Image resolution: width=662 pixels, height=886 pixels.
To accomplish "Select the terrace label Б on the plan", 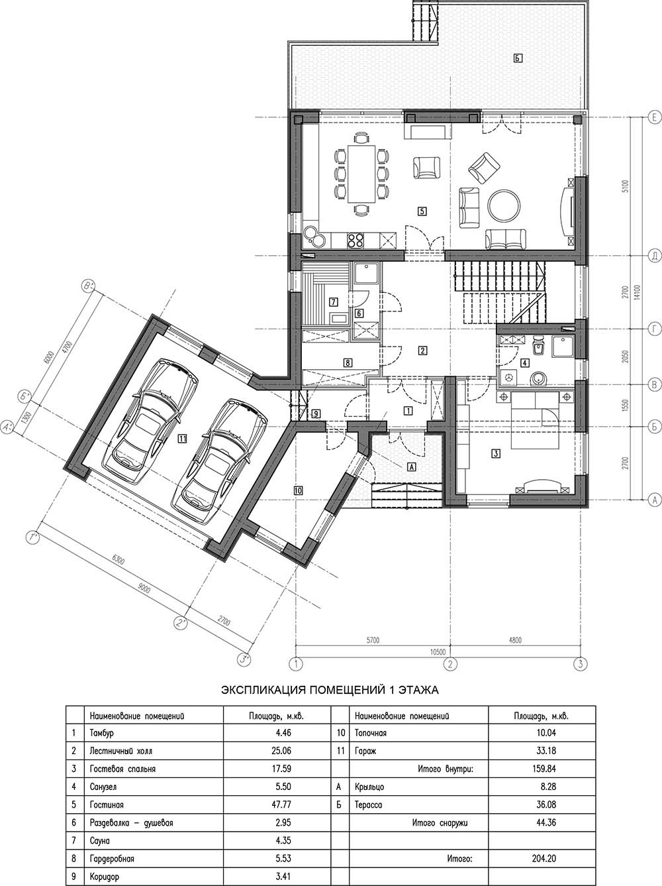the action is point(518,58).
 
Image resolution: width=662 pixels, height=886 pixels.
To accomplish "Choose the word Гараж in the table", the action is point(365,751).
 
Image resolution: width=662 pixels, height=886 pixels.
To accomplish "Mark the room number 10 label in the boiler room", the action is point(299,491).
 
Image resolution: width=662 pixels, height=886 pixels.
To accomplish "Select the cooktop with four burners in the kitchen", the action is point(355,240).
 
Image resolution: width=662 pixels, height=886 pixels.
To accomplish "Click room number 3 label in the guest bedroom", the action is point(496,453).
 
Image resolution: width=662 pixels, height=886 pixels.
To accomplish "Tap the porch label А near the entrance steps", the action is point(412,467).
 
